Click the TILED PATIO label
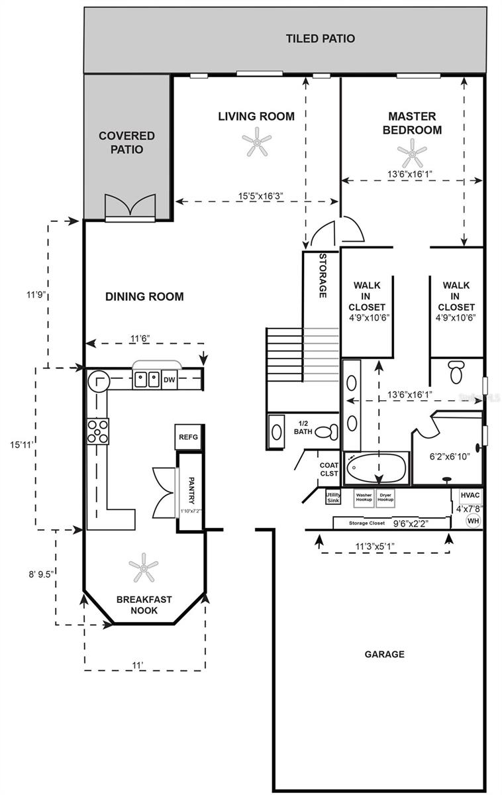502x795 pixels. pyautogui.click(x=320, y=38)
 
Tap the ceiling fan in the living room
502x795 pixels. pyautogui.click(x=256, y=142)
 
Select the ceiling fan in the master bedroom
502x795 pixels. pyautogui.click(x=412, y=153)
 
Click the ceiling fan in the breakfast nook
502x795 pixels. pyautogui.click(x=143, y=567)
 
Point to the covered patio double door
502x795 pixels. pyautogui.click(x=130, y=207)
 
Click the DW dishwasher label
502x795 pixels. pyautogui.click(x=169, y=380)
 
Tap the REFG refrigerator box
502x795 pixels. pyautogui.click(x=187, y=438)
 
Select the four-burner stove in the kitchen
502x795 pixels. pyautogui.click(x=98, y=431)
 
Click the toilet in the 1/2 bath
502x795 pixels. pyautogui.click(x=325, y=432)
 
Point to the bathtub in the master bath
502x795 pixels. pyautogui.click(x=377, y=468)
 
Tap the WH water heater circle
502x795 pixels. pyautogui.click(x=473, y=521)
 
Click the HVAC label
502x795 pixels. pyautogui.click(x=469, y=495)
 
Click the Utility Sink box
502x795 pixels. pyautogui.click(x=333, y=497)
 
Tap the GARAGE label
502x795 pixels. pyautogui.click(x=384, y=654)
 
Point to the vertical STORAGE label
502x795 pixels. pyautogui.click(x=323, y=276)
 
